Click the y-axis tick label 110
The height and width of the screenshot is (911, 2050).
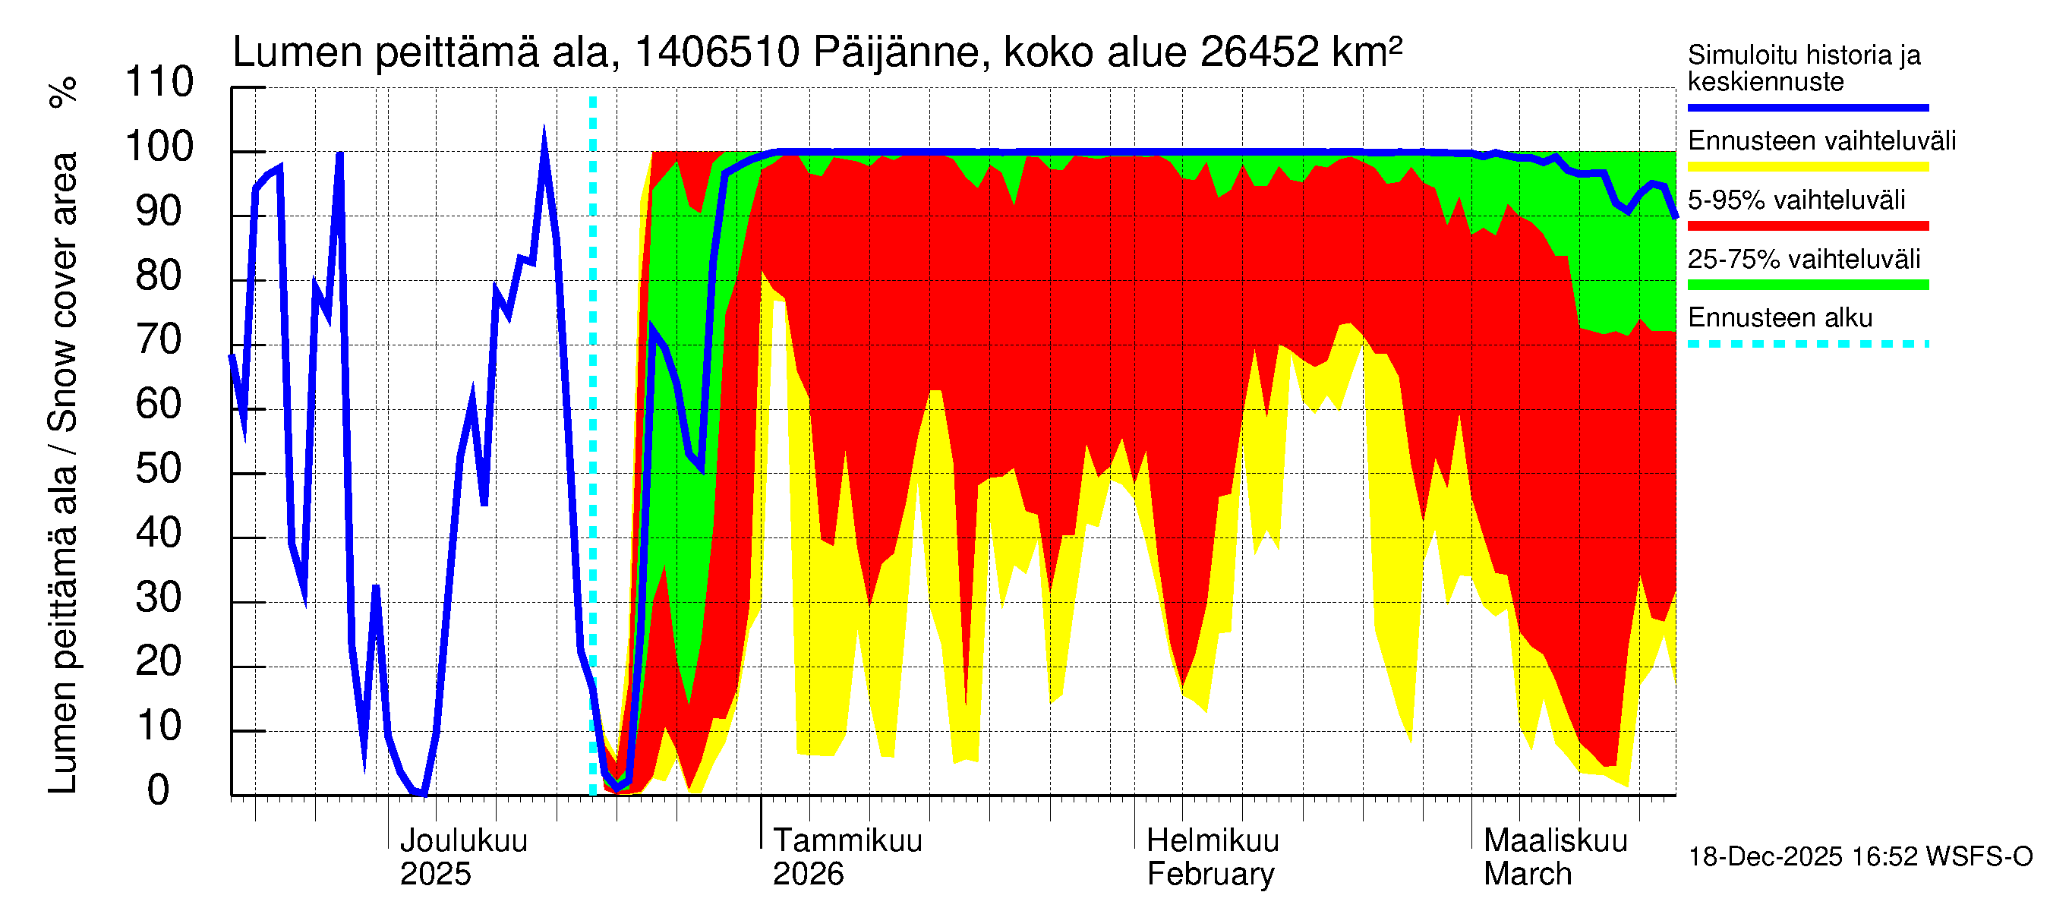pos(159,82)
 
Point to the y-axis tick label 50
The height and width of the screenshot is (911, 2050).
pos(159,468)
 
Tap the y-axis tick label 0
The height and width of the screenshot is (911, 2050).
pos(159,790)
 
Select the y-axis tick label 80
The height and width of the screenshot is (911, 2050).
pos(159,276)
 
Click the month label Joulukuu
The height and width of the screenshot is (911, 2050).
pos(463,840)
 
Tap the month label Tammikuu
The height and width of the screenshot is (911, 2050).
pos(847,840)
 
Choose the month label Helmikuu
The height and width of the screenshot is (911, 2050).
pos(1212,840)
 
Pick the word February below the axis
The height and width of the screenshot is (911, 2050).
pos(1209,874)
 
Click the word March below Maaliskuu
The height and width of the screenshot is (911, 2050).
pos(1527,874)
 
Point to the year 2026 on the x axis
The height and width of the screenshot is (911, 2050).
pos(808,874)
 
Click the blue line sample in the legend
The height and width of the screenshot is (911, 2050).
pos(1807,107)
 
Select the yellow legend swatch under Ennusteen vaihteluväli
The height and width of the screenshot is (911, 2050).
pos(1807,167)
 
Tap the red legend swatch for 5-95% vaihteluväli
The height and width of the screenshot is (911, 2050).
pos(1807,226)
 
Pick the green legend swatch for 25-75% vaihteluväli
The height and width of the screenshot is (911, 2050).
pos(1807,285)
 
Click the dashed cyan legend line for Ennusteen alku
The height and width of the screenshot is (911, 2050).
pos(1807,344)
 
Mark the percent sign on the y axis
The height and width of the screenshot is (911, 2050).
pos(64,92)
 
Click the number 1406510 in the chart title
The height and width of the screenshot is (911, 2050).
pos(716,52)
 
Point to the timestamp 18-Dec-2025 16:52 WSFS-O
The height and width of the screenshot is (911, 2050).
pos(1859,857)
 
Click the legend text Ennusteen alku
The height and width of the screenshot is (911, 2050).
pos(1780,317)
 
